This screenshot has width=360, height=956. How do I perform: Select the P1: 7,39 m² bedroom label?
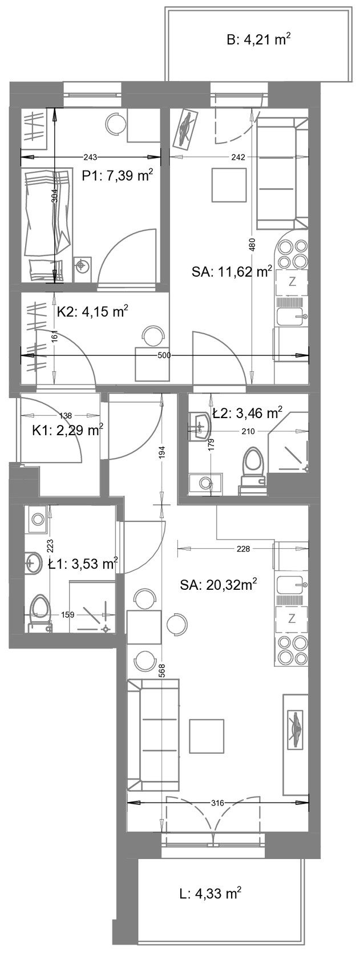[x=117, y=176]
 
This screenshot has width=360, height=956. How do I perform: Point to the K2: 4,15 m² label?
[x=92, y=311]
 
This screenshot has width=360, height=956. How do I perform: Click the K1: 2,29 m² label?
[x=67, y=430]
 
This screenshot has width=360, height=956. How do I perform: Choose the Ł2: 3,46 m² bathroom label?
[x=247, y=413]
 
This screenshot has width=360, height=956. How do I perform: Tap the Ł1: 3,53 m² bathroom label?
[x=83, y=564]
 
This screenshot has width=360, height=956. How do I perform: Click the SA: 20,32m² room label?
[x=218, y=585]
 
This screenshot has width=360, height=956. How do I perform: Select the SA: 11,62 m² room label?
[x=232, y=272]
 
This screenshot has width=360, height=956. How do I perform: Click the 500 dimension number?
[x=164, y=355]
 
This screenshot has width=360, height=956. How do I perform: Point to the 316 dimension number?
[x=218, y=803]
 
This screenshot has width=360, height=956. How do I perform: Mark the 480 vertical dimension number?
[x=252, y=244]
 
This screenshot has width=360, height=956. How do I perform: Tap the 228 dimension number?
[x=243, y=549]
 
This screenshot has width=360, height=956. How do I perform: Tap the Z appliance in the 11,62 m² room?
[x=292, y=282]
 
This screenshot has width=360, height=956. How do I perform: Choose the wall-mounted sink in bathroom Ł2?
[x=200, y=426]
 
